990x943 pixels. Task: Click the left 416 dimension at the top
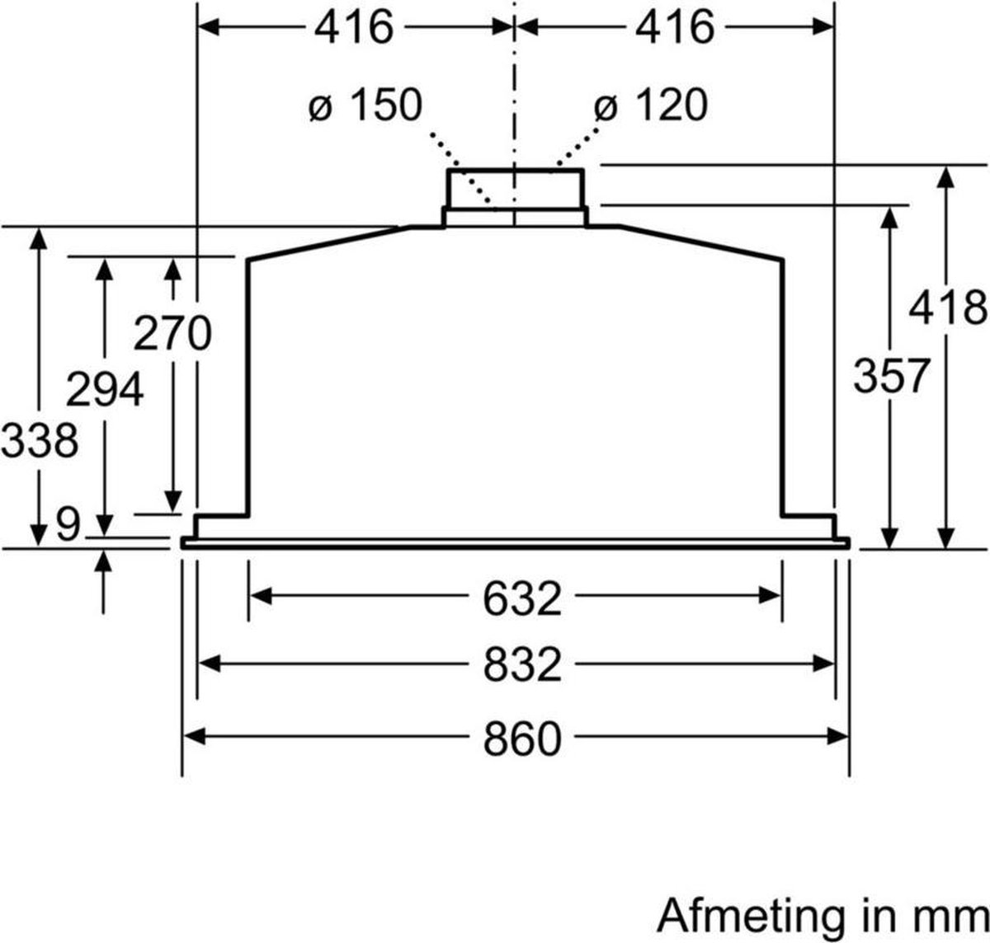coord(353,28)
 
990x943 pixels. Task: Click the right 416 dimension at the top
coord(674,28)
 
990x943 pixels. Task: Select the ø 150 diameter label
coord(365,106)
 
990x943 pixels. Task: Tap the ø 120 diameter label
coord(651,106)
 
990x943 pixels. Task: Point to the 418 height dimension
coord(948,308)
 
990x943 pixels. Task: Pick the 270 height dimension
coord(172,334)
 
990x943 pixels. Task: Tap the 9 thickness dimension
coord(68,523)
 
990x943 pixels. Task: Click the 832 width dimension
coord(521,664)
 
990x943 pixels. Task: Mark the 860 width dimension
coord(521,738)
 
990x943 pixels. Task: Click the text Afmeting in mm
coord(822,916)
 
